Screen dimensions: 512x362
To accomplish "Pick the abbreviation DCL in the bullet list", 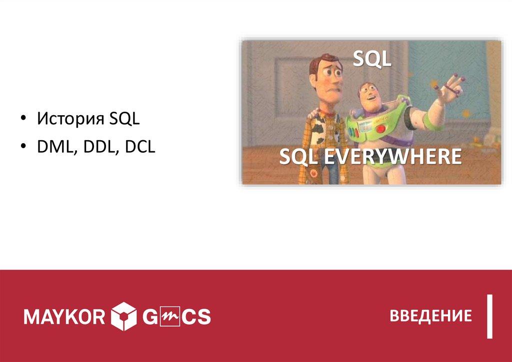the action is tap(140, 147).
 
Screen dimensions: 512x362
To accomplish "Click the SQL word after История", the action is tap(124, 118).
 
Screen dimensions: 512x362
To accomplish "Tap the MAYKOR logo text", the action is tap(64, 316).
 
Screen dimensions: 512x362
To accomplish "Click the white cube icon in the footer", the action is tap(124, 316).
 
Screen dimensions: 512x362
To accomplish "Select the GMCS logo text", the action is tap(176, 316).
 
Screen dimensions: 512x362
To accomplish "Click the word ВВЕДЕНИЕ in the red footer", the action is tap(430, 316).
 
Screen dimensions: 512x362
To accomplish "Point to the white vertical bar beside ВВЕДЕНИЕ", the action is tap(489, 316).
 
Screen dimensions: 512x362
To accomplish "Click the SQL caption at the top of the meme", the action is tap(372, 59).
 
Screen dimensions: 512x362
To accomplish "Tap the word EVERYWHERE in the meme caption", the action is tap(392, 156).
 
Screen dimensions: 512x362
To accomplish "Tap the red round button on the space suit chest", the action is tap(381, 128).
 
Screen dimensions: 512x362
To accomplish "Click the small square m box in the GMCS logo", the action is tap(170, 316).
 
